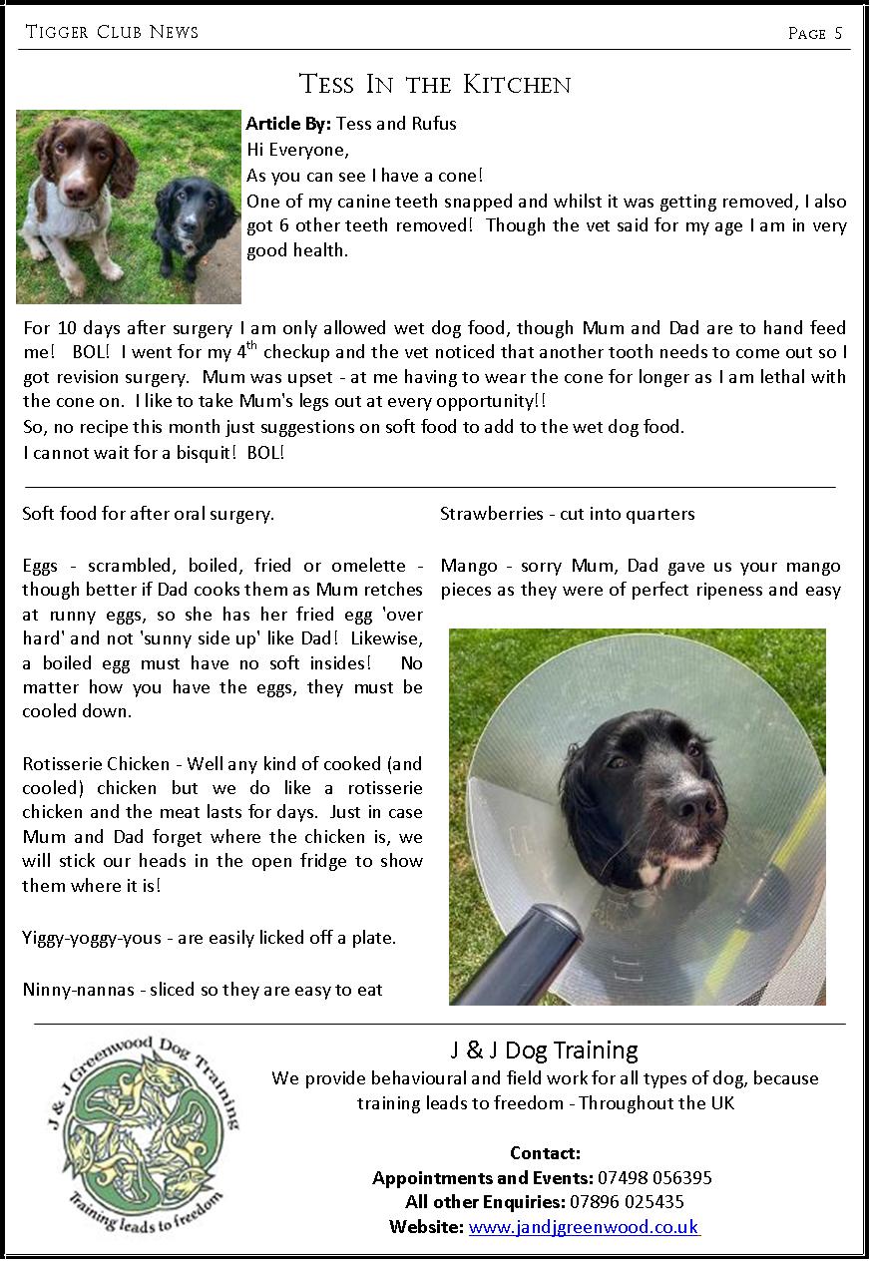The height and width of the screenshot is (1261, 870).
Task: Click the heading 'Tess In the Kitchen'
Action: point(435,84)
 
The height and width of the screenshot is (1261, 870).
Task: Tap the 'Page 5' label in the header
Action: point(814,33)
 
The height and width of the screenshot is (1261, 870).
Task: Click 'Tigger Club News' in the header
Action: point(112,32)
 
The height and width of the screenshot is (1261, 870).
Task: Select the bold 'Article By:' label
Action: point(289,124)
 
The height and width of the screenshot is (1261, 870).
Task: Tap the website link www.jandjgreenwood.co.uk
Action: point(584,1227)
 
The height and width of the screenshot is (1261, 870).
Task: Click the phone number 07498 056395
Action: point(654,1178)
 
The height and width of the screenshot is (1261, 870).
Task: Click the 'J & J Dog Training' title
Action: point(544,1051)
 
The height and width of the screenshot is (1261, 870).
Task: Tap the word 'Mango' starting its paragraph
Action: point(467,566)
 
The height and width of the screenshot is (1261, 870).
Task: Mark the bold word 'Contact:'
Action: point(545,1153)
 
